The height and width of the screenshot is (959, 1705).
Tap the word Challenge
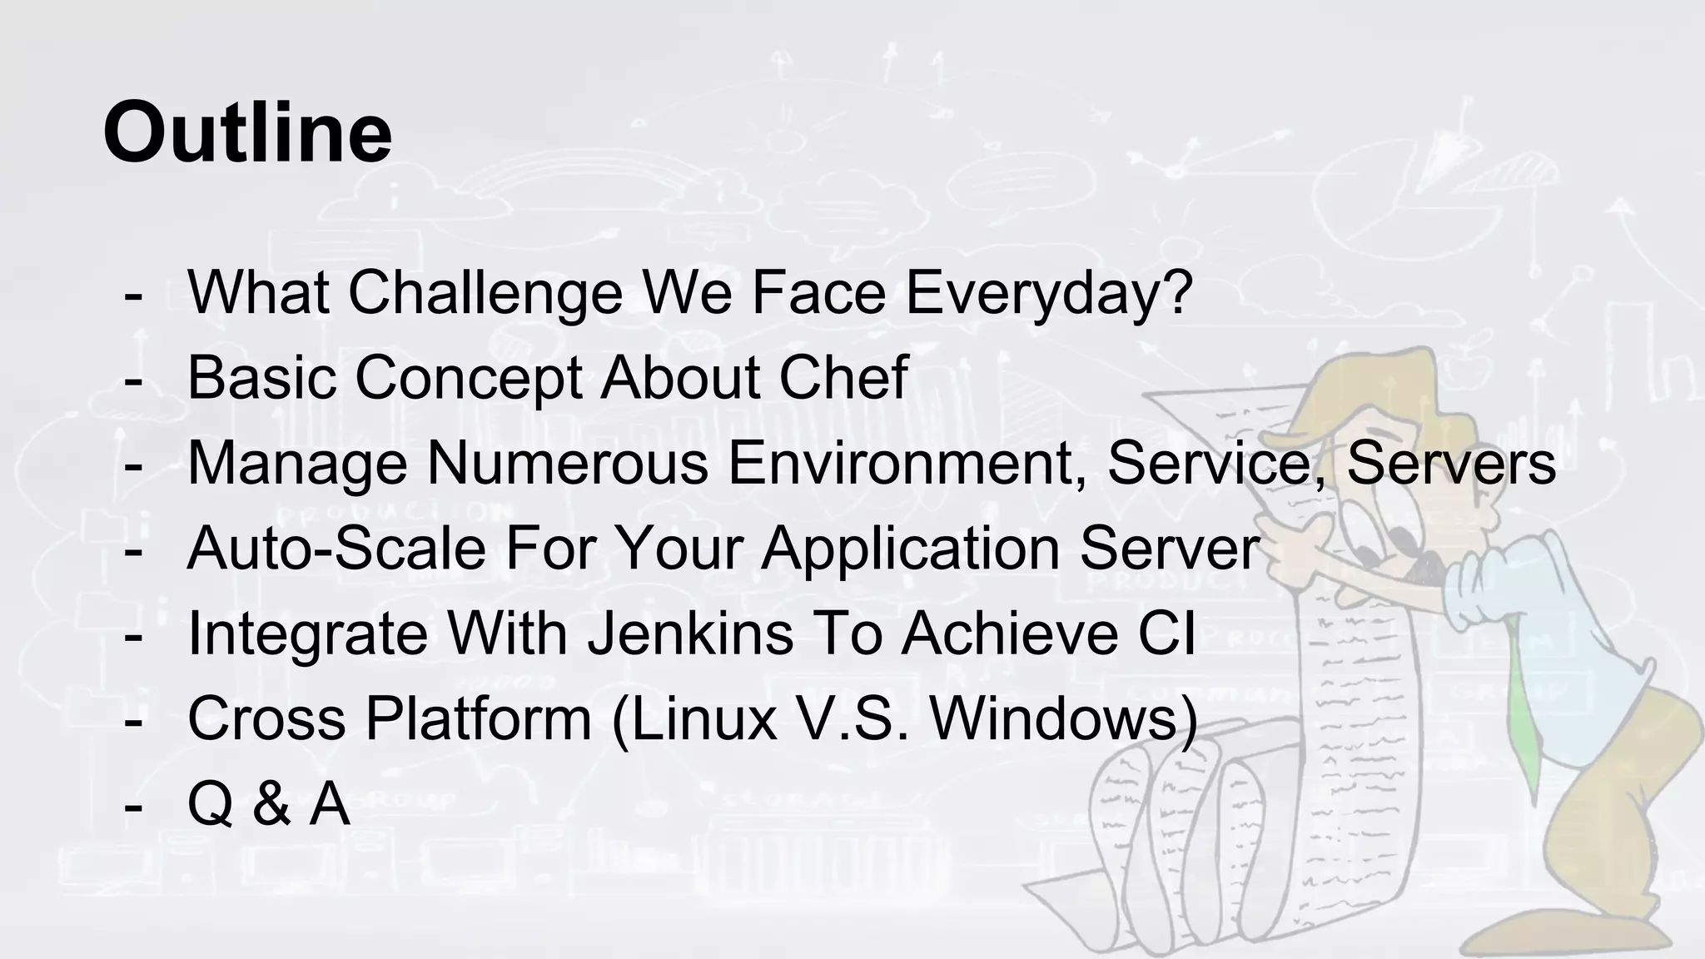pyautogui.click(x=485, y=292)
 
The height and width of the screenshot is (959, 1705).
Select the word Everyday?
pyautogui.click(x=1049, y=292)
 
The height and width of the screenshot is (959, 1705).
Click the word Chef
pyautogui.click(x=843, y=378)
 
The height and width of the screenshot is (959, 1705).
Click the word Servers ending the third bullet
pyautogui.click(x=1450, y=463)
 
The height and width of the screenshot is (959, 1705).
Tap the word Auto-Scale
pyautogui.click(x=336, y=549)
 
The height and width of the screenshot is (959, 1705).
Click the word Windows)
pyautogui.click(x=1063, y=718)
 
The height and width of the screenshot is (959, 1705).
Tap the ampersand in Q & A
pyautogui.click(x=271, y=804)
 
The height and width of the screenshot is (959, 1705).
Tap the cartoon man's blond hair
pyautogui.click(x=1365, y=391)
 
